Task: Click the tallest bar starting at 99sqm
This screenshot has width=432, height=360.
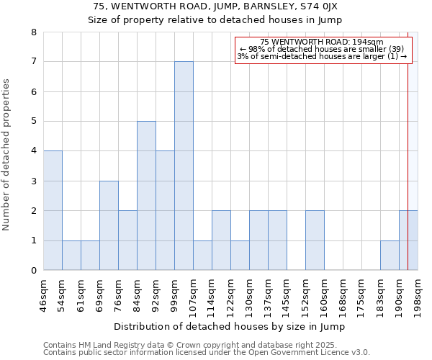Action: click(x=184, y=166)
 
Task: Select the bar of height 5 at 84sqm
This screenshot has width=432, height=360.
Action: click(x=146, y=196)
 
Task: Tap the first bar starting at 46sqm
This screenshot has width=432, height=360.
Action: click(x=53, y=210)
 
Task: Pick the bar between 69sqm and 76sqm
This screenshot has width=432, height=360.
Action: click(x=109, y=225)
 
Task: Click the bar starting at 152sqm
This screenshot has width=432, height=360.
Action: click(x=315, y=240)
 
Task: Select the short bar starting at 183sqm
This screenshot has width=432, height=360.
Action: click(x=390, y=256)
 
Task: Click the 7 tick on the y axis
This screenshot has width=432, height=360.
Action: click(x=33, y=62)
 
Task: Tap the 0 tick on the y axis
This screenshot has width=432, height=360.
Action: click(x=33, y=271)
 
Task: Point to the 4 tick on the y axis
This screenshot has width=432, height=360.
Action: click(x=33, y=151)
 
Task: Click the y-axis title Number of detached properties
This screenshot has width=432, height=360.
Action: click(x=6, y=155)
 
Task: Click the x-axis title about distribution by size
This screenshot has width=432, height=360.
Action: click(x=230, y=326)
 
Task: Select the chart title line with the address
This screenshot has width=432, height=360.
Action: click(x=216, y=6)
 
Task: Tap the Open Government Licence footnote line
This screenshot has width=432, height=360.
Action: click(x=206, y=352)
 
